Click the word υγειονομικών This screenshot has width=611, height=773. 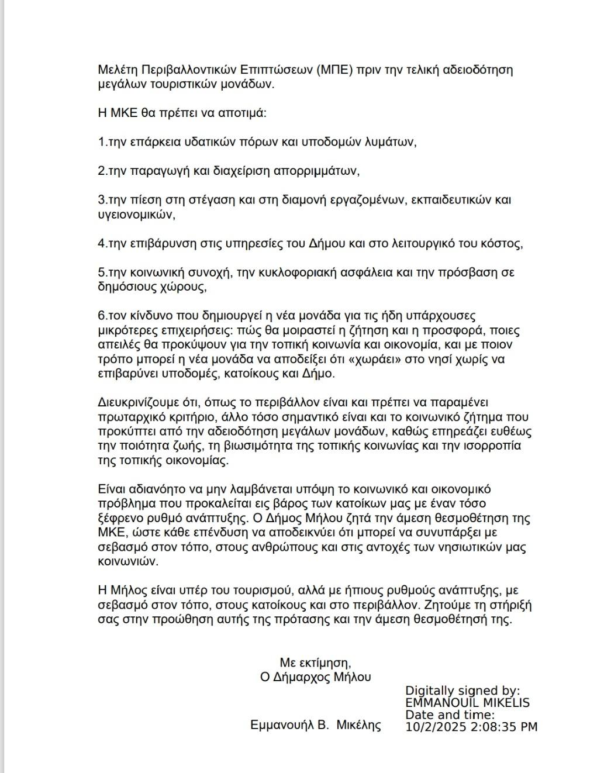(x=136, y=214)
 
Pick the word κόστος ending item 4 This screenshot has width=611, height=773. (x=502, y=243)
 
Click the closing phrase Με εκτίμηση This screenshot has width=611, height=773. (x=315, y=662)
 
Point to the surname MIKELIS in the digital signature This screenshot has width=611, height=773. (x=503, y=702)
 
